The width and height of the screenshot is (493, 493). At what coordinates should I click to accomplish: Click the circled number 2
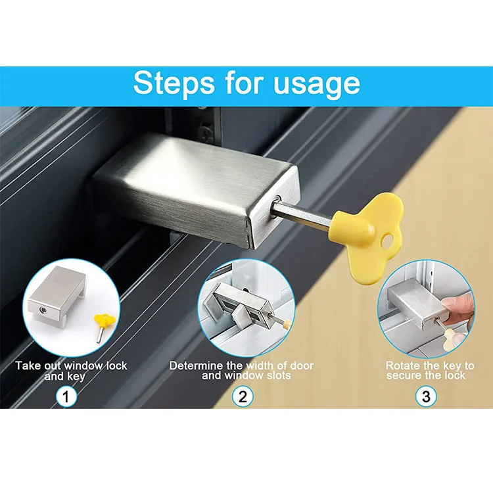243,397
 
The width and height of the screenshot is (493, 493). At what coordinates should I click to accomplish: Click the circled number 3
425,397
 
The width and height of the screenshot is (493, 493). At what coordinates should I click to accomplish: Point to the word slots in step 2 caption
276,375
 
